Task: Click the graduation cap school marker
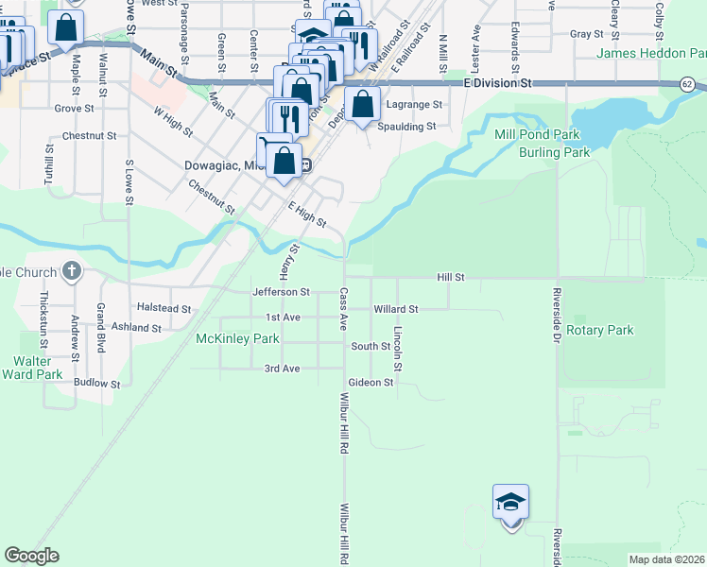pos(510,502)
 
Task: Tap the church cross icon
pos(72,272)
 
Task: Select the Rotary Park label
pos(601,331)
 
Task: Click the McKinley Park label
pos(237,338)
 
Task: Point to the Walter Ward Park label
pos(38,368)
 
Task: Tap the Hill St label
pos(451,277)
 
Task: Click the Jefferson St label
pos(282,292)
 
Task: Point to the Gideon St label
pos(371,383)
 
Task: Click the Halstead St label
pos(164,308)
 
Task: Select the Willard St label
pos(395,309)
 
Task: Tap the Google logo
pos(31,556)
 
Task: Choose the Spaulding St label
pos(406,126)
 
